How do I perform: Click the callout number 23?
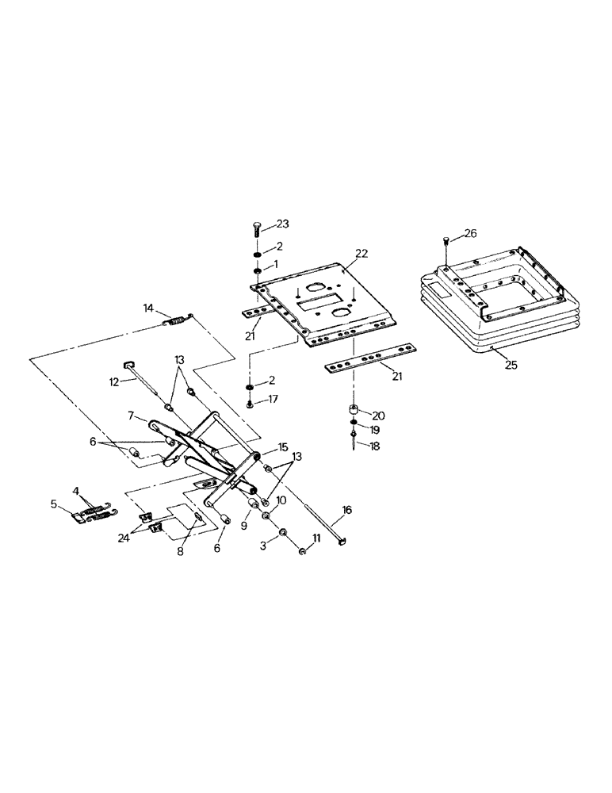282,224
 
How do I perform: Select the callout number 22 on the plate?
361,254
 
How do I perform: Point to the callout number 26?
471,233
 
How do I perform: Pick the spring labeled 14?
177,320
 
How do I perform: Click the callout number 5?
55,504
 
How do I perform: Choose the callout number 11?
317,539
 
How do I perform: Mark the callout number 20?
377,415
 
